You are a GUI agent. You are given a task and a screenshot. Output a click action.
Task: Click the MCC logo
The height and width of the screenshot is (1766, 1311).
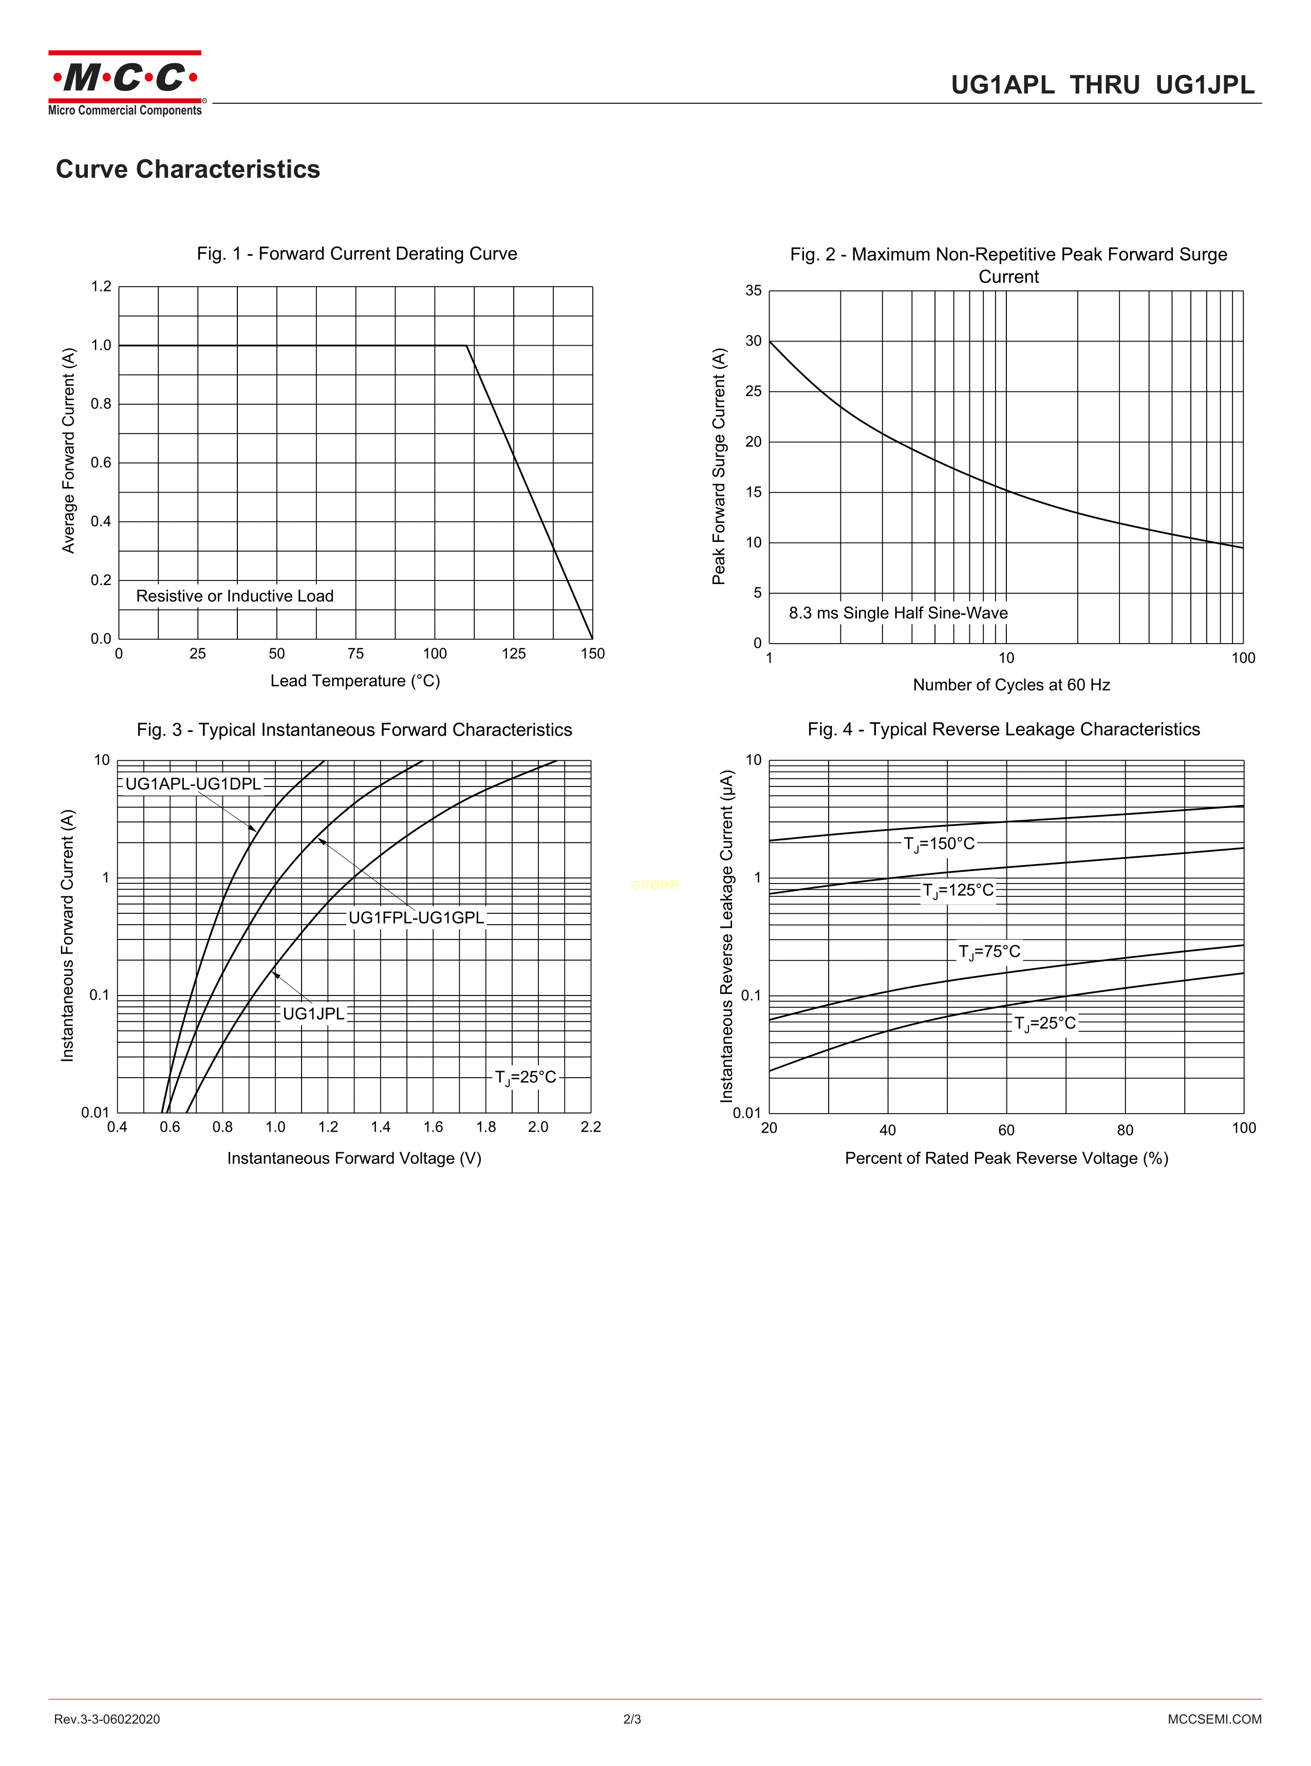click(125, 83)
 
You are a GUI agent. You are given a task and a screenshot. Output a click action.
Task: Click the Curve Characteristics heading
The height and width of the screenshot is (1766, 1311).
click(188, 169)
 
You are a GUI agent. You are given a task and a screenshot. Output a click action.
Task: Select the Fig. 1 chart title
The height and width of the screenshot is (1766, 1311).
click(357, 254)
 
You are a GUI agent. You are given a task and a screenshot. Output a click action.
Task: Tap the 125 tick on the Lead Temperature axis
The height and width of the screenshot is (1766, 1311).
click(513, 654)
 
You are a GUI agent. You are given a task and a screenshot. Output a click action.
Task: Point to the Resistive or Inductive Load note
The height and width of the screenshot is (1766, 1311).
click(235, 596)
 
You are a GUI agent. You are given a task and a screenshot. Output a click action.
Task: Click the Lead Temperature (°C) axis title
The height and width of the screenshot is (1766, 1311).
click(355, 681)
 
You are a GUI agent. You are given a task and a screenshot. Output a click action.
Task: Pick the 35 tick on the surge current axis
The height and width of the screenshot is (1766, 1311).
click(753, 290)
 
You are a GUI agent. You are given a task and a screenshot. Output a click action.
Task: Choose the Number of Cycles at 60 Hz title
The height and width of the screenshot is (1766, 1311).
click(1011, 685)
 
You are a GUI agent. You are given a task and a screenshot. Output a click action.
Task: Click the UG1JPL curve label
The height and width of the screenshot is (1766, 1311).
click(313, 1014)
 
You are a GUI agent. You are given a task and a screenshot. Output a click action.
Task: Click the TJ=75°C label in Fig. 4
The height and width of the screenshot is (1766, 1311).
click(989, 952)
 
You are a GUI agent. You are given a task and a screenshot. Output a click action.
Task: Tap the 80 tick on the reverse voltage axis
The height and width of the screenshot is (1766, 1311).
click(1126, 1130)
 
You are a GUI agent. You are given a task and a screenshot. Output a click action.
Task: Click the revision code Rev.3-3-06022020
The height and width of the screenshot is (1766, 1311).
click(107, 1719)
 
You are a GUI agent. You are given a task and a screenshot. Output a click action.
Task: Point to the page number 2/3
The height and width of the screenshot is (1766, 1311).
click(632, 1719)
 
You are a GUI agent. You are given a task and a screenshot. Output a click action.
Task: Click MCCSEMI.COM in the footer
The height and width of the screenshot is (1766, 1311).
click(1214, 1719)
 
